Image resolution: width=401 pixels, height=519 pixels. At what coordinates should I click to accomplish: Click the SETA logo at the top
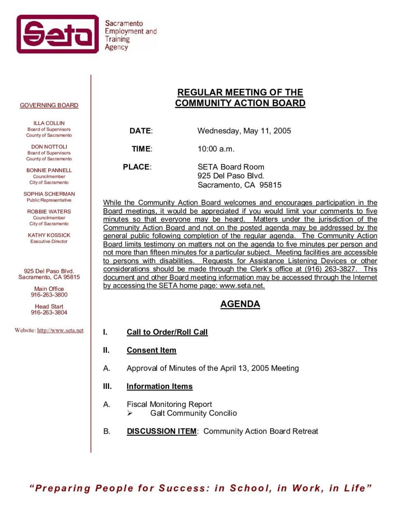coord(58,34)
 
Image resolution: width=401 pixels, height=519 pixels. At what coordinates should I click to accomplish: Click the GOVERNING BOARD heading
coord(49,105)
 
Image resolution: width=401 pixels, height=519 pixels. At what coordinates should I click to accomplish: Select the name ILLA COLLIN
coord(49,123)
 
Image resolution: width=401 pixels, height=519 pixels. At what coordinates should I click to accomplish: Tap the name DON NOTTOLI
coord(49,147)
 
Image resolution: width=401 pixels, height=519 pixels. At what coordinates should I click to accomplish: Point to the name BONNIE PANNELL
coord(49,170)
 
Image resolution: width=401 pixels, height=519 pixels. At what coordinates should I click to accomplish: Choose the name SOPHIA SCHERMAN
coord(49,194)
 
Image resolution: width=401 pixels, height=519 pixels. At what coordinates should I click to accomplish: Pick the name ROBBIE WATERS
coord(49,212)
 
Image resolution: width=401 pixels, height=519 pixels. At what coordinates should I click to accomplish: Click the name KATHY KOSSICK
coord(49,235)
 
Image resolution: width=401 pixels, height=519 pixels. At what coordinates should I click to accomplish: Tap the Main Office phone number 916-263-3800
coord(49,295)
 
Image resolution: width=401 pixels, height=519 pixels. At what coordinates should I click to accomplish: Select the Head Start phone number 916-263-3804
coord(49,313)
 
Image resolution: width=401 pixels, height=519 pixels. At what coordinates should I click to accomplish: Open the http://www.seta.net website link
coord(60,330)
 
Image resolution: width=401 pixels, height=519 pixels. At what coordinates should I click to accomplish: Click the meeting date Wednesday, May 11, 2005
coord(244,131)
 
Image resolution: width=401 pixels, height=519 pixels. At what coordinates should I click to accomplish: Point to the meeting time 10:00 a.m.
coord(216,149)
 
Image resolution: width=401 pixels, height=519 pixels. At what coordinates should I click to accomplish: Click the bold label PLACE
coord(136,167)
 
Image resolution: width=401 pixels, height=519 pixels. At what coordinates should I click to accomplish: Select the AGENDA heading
coord(240,304)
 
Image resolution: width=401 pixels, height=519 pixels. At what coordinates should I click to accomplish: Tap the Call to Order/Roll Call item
coord(167,332)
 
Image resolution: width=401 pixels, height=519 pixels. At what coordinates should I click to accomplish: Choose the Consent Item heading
coord(151,350)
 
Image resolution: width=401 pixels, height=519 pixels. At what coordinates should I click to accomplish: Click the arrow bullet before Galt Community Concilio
coord(130,413)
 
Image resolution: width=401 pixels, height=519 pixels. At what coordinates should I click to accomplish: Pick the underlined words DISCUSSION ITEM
coord(161,431)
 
